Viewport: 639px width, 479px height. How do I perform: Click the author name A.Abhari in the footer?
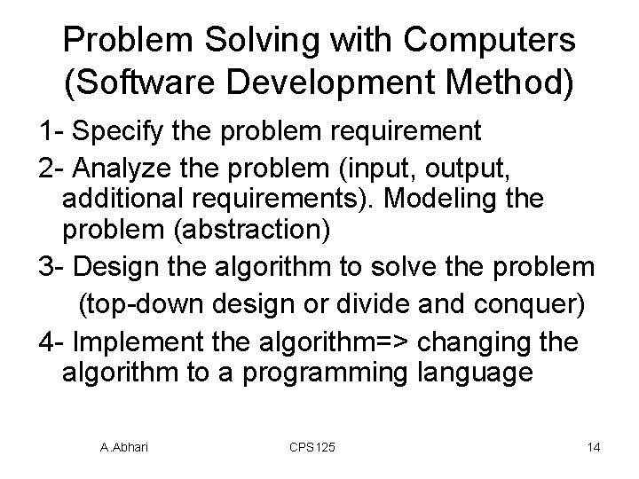click(x=124, y=447)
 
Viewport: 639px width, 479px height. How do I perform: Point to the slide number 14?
click(x=593, y=447)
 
